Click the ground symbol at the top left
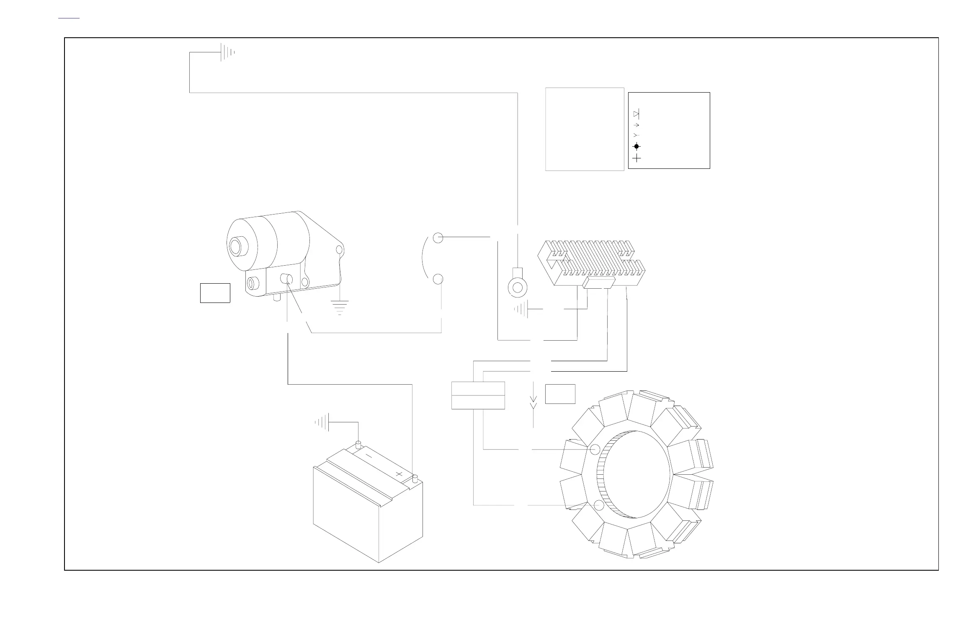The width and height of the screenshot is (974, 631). point(227,52)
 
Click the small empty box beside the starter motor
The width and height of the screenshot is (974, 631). point(215,293)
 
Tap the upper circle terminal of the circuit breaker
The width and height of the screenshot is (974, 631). point(438,238)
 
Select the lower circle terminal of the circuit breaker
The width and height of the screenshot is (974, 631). point(438,279)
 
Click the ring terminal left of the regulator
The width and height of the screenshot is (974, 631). point(518,287)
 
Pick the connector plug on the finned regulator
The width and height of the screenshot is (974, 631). point(599,282)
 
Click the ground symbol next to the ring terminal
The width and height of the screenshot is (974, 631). point(522,309)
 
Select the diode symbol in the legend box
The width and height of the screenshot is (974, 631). point(636,114)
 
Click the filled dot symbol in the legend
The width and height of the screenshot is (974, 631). point(636,146)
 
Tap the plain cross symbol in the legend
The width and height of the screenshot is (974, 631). point(636,158)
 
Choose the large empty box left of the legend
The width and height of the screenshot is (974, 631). point(585,129)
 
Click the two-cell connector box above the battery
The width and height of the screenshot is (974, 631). point(478,395)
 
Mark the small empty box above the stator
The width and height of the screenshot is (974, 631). point(560,394)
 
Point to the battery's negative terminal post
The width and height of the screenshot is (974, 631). point(358,444)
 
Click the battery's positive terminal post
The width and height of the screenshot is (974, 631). point(415,477)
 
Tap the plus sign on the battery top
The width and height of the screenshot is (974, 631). point(399,474)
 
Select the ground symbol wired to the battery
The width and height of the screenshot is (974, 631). point(323,422)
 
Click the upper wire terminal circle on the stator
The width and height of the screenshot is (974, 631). point(595,450)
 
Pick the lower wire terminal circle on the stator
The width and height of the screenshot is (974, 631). point(599,505)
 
